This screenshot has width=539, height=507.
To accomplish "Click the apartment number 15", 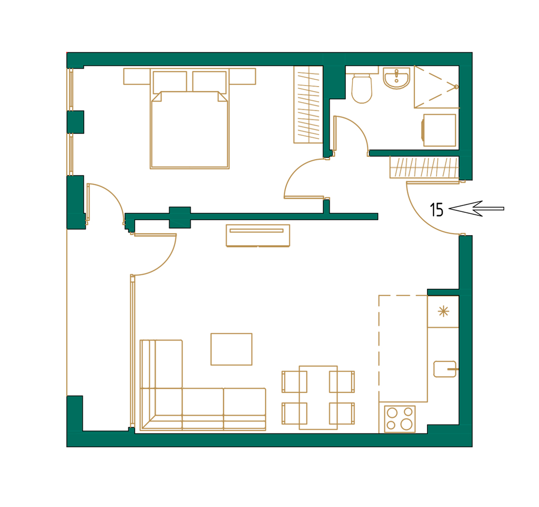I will [436, 210].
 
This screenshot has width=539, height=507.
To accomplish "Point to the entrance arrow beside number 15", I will [475, 209].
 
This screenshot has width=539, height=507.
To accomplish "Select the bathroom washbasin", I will [396, 78].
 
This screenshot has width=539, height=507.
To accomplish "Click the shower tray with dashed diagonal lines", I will [436, 87].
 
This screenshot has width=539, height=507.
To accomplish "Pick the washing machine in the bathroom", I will [439, 130].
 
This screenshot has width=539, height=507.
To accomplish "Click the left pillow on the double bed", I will [170, 81].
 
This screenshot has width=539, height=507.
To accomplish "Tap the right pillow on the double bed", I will [209, 81].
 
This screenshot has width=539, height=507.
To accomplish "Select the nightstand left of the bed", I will [137, 76].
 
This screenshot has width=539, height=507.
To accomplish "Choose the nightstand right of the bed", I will [242, 76].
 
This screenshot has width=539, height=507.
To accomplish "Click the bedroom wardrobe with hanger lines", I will [308, 104].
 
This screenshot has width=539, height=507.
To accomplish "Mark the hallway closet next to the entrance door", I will [424, 167].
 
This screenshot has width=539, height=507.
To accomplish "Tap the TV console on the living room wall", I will [257, 236].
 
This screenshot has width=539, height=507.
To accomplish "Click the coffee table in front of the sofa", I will [231, 349].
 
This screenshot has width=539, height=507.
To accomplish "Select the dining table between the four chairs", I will [318, 397].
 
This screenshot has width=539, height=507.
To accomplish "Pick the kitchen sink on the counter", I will [444, 369].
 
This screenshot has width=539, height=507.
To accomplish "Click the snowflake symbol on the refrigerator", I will [443, 312].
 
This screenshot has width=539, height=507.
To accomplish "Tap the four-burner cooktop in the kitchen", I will [399, 418].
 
